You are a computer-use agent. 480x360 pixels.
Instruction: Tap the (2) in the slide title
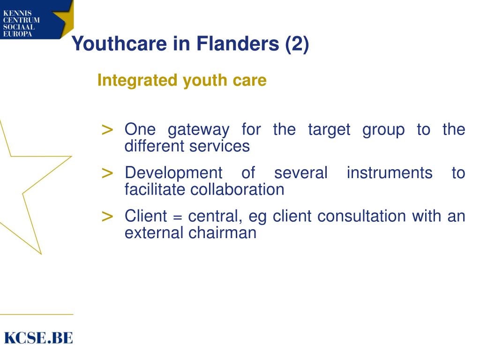coord(297,45)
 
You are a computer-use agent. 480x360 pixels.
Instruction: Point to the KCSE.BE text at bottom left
coord(38,337)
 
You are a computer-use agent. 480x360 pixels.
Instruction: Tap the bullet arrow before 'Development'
coord(107,173)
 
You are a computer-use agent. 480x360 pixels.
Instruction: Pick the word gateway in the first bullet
coord(199,130)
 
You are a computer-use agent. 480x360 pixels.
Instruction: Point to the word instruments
coord(390,173)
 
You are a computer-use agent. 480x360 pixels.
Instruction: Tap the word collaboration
coord(237,189)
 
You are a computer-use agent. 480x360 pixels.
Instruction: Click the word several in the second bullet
coord(300,173)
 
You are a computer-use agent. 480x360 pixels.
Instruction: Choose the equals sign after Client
coord(177,217)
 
